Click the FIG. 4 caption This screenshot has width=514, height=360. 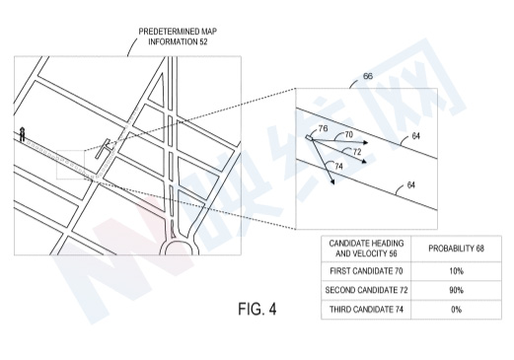[257, 309]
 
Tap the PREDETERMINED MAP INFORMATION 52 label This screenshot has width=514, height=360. [178, 36]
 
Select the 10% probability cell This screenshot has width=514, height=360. [456, 271]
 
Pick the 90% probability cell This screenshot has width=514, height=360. [456, 290]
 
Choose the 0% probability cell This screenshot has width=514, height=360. [456, 310]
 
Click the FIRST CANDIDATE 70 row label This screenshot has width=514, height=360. [366, 271]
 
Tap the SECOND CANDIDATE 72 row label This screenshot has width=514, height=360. [366, 290]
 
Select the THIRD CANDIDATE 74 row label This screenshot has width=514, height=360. [366, 310]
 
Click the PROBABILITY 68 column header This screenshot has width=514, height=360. [456, 249]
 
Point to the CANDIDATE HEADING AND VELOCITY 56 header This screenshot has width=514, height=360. [366, 249]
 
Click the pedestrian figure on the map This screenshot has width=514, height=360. [22, 134]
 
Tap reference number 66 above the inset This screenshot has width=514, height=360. [368, 76]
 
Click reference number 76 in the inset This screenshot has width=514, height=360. [324, 128]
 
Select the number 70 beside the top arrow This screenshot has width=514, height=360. [348, 134]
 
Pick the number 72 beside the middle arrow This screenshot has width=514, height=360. [357, 152]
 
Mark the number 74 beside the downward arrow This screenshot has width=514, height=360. [338, 166]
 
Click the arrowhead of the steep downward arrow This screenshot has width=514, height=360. [332, 181]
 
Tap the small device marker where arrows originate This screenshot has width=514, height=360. [309, 137]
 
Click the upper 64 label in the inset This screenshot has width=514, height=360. [416, 136]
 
